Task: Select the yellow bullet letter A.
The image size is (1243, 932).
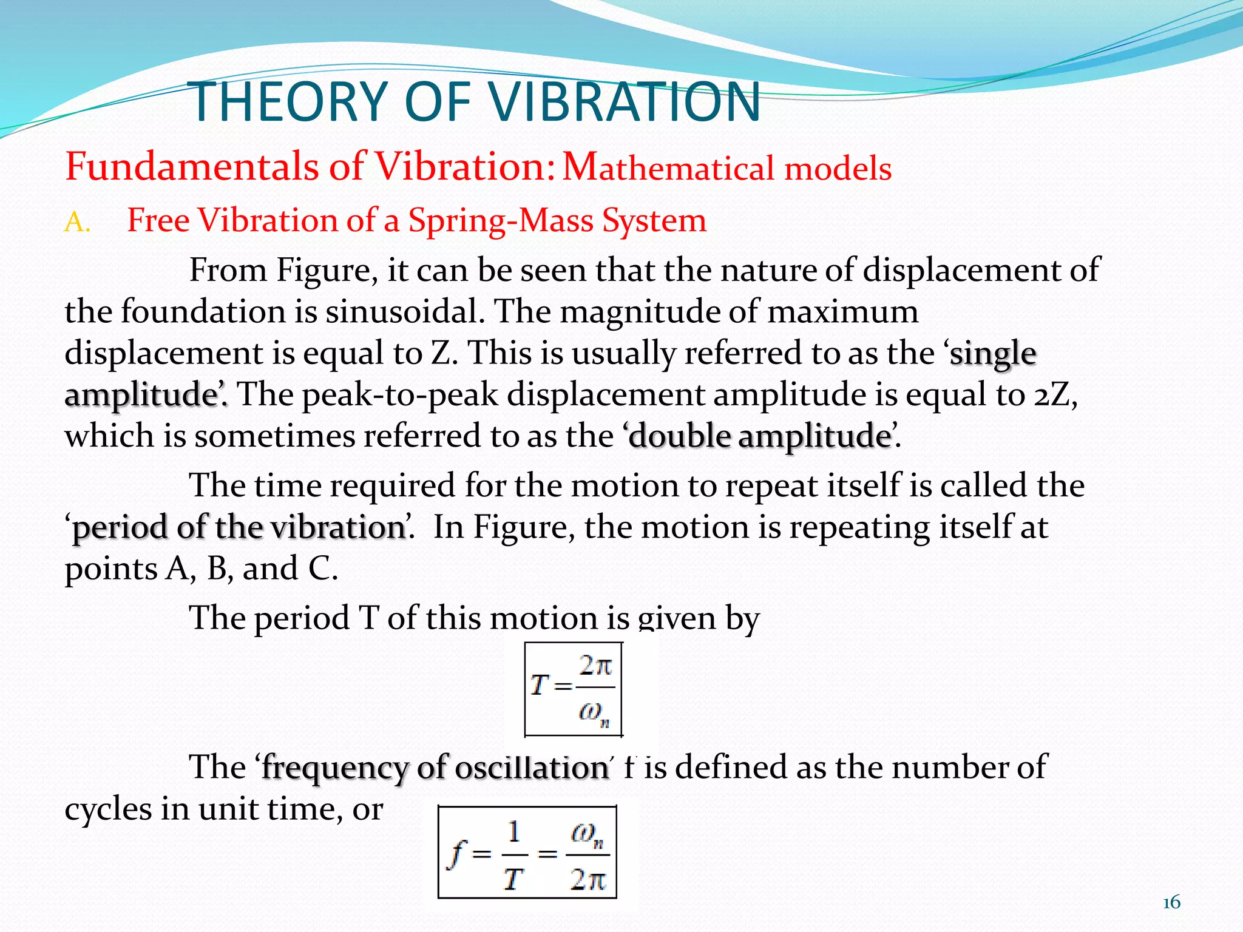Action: pyautogui.click(x=76, y=223)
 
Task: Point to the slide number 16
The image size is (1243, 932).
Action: pyautogui.click(x=1171, y=903)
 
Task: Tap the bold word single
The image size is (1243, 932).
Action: pyautogui.click(x=993, y=354)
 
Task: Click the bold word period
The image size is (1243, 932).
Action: pyautogui.click(x=120, y=527)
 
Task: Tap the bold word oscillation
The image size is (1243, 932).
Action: pyautogui.click(x=532, y=768)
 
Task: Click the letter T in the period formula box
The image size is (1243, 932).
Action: pyautogui.click(x=539, y=686)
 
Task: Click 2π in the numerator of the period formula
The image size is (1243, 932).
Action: pyautogui.click(x=595, y=666)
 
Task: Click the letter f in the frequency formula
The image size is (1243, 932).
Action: pyautogui.click(x=456, y=854)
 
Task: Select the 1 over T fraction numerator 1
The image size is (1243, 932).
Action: pyautogui.click(x=514, y=832)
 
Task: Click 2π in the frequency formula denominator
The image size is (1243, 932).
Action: pyautogui.click(x=588, y=879)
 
